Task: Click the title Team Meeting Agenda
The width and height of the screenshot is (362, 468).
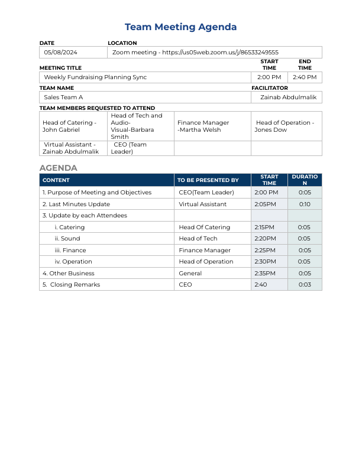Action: pos(180,27)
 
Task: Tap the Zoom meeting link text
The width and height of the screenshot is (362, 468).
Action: pos(195,53)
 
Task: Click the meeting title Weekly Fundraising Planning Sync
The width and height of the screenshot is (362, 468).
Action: pos(95,77)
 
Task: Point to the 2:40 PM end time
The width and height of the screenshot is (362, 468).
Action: pos(305,77)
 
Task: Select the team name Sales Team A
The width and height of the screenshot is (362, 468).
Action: pos(63,97)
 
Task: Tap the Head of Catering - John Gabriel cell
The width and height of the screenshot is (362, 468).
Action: pos(69,126)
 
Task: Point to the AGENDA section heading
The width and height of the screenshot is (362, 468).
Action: pos(58,168)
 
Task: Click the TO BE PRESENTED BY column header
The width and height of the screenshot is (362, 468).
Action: pos(208,180)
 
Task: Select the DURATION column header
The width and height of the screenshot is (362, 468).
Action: pos(305,180)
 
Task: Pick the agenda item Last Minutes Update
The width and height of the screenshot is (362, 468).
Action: pos(76,204)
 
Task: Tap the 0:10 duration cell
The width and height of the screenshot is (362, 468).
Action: pos(305,204)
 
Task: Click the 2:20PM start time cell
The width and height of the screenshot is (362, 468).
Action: pos(264,239)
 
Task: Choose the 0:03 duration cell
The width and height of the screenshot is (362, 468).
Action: pos(305,285)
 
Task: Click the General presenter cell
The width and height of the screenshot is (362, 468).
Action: pos(190,274)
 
